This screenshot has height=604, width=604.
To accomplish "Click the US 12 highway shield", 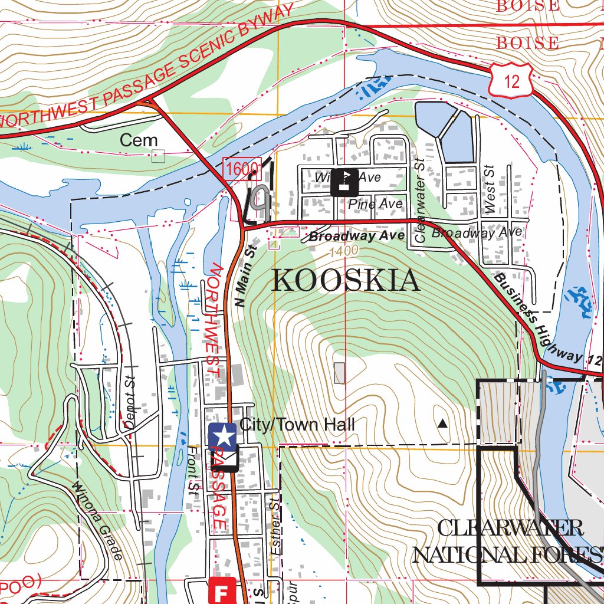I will pos(511,80).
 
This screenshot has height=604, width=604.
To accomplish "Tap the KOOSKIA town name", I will pos(346,281).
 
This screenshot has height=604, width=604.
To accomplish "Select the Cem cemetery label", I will pos(139,140).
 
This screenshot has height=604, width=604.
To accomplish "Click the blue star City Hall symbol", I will pos(222,436).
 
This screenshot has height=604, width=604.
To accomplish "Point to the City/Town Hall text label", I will pos(297,425).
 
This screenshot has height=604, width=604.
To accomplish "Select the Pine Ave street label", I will pos(375,204).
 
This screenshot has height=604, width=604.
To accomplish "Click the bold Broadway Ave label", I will pos(356,237).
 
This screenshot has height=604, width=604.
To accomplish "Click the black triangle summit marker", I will pos(442,423).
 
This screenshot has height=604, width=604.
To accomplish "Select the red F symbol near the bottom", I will pos(222,591).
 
